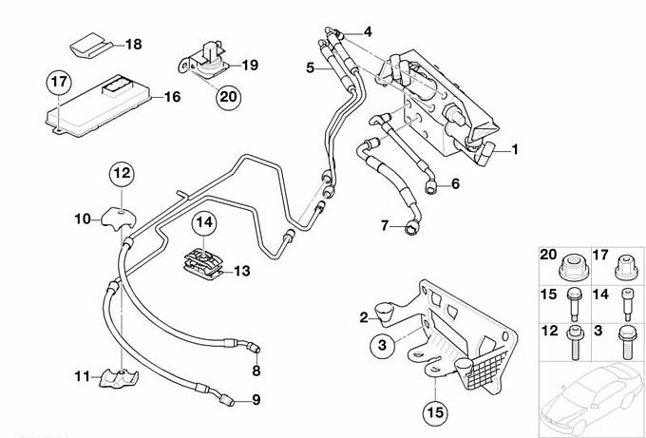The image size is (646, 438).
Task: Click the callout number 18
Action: click(x=133, y=45)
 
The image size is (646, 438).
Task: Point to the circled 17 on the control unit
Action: click(x=59, y=83)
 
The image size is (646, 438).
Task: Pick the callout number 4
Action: click(x=367, y=30)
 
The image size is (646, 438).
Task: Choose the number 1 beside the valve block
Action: click(x=515, y=149)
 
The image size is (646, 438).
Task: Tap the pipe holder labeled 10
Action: click(x=122, y=218)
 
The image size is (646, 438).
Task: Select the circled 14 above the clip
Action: click(x=205, y=224)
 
